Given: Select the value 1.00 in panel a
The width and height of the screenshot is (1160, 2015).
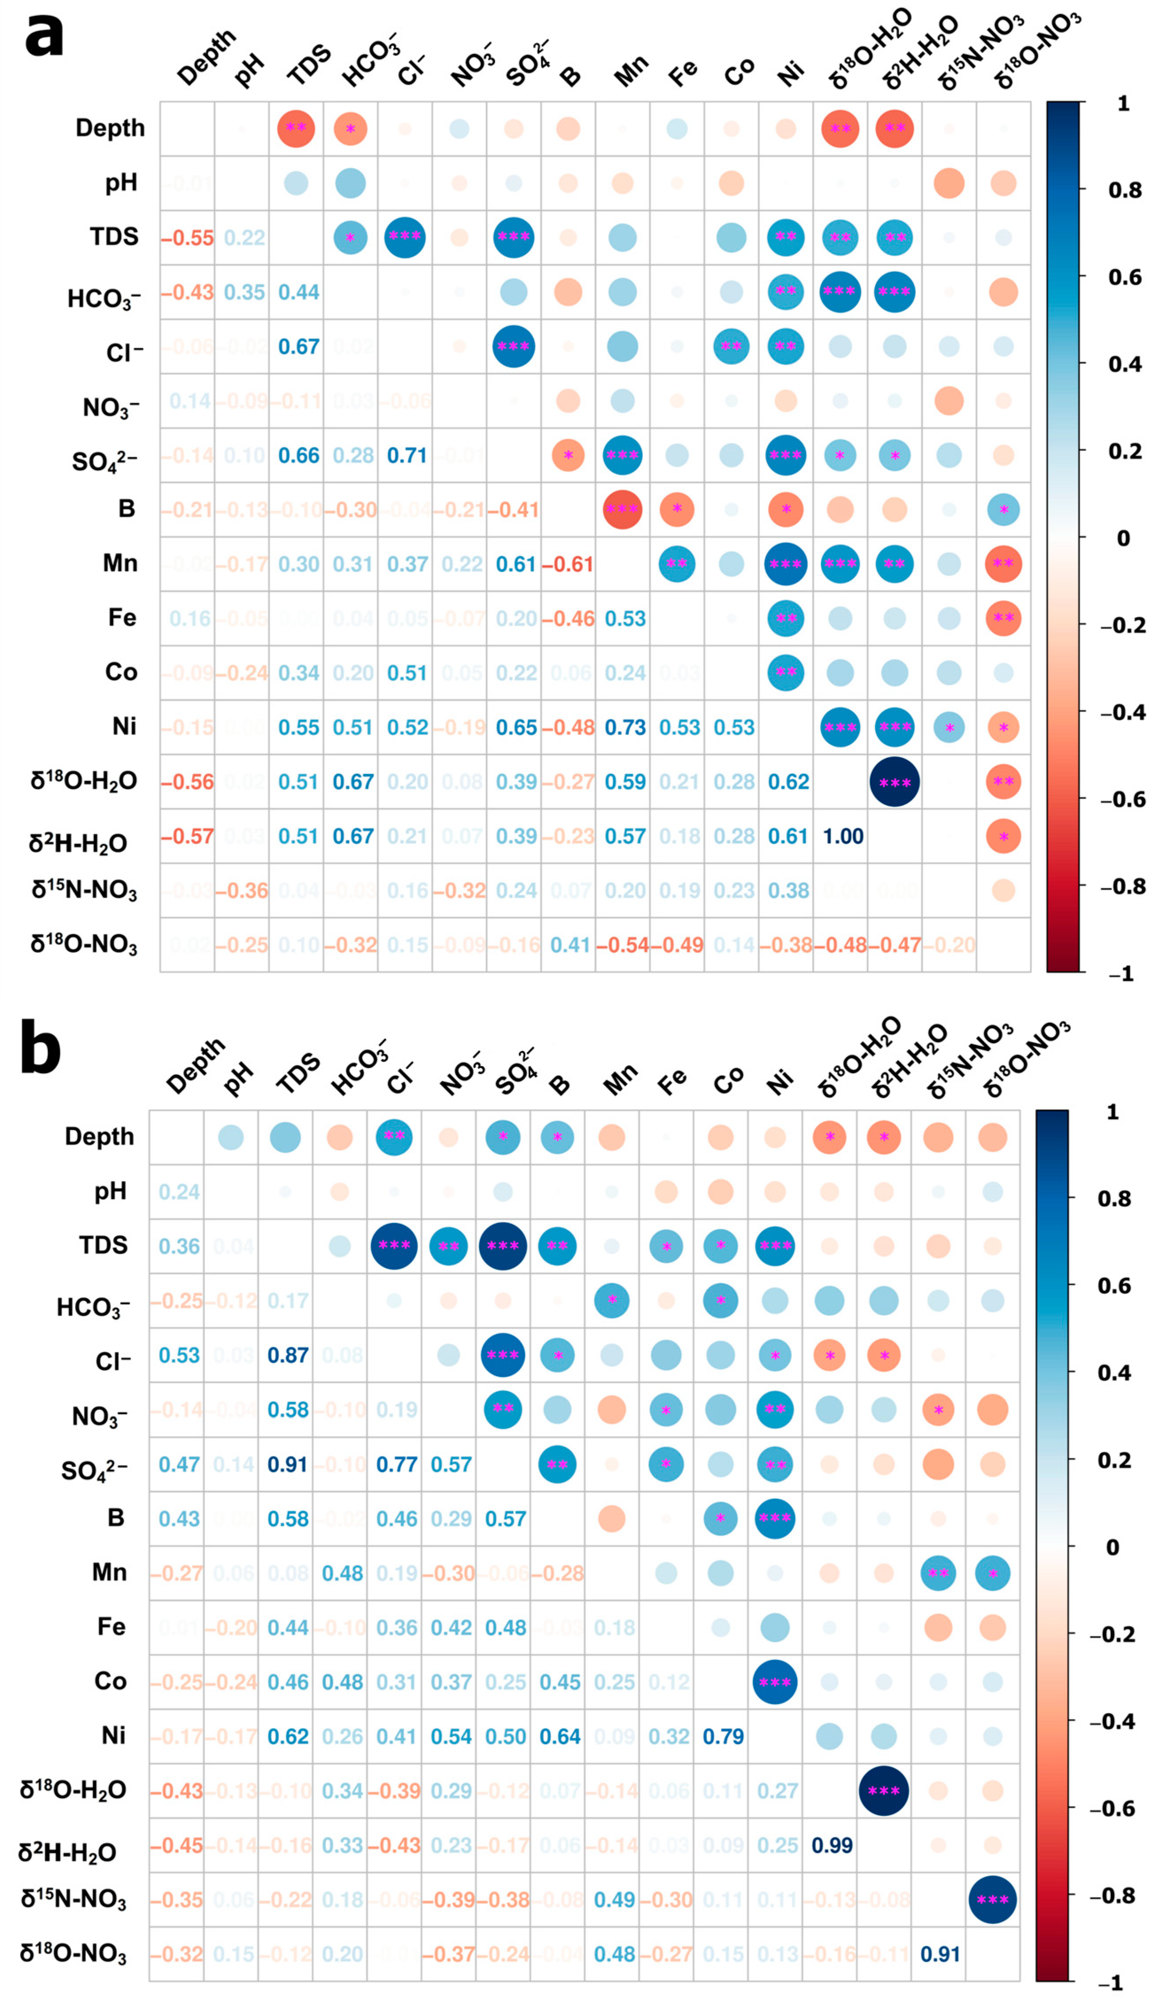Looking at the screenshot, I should point(843,836).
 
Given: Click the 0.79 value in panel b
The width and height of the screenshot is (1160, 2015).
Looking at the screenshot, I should point(723,1736).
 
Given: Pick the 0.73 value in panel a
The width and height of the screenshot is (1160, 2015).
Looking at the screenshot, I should point(625,727).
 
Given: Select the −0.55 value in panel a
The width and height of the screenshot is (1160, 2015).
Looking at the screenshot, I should point(187,237).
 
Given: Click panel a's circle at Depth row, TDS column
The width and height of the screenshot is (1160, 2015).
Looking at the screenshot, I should point(295,128).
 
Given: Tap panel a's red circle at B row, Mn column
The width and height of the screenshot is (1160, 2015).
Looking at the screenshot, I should point(622,510).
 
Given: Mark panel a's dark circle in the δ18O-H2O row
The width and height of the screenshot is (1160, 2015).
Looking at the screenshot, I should point(895,782).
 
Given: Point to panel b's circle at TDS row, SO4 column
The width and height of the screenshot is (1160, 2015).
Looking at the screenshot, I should point(503,1245).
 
